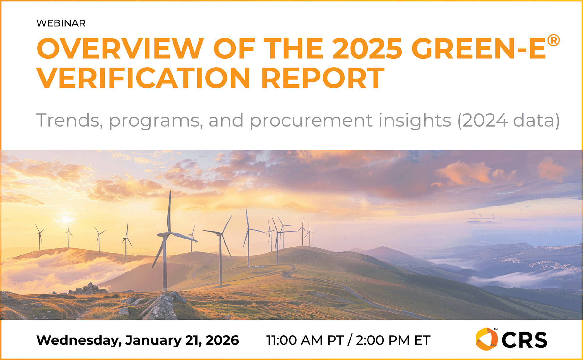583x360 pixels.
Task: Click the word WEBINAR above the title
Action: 61,23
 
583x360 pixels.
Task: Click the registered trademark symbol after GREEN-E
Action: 553,41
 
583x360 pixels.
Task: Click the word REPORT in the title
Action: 323,78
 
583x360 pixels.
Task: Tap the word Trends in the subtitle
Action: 70,121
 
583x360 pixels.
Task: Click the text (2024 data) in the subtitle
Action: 508,121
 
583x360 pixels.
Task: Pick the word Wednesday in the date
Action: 79,340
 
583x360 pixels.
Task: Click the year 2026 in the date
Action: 222,340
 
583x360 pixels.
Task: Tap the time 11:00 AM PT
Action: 305,340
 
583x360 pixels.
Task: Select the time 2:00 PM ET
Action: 393,340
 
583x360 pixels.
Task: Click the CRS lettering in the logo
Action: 524,340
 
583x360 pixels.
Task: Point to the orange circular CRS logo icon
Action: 486,339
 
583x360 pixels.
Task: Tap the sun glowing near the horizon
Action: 67,220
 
